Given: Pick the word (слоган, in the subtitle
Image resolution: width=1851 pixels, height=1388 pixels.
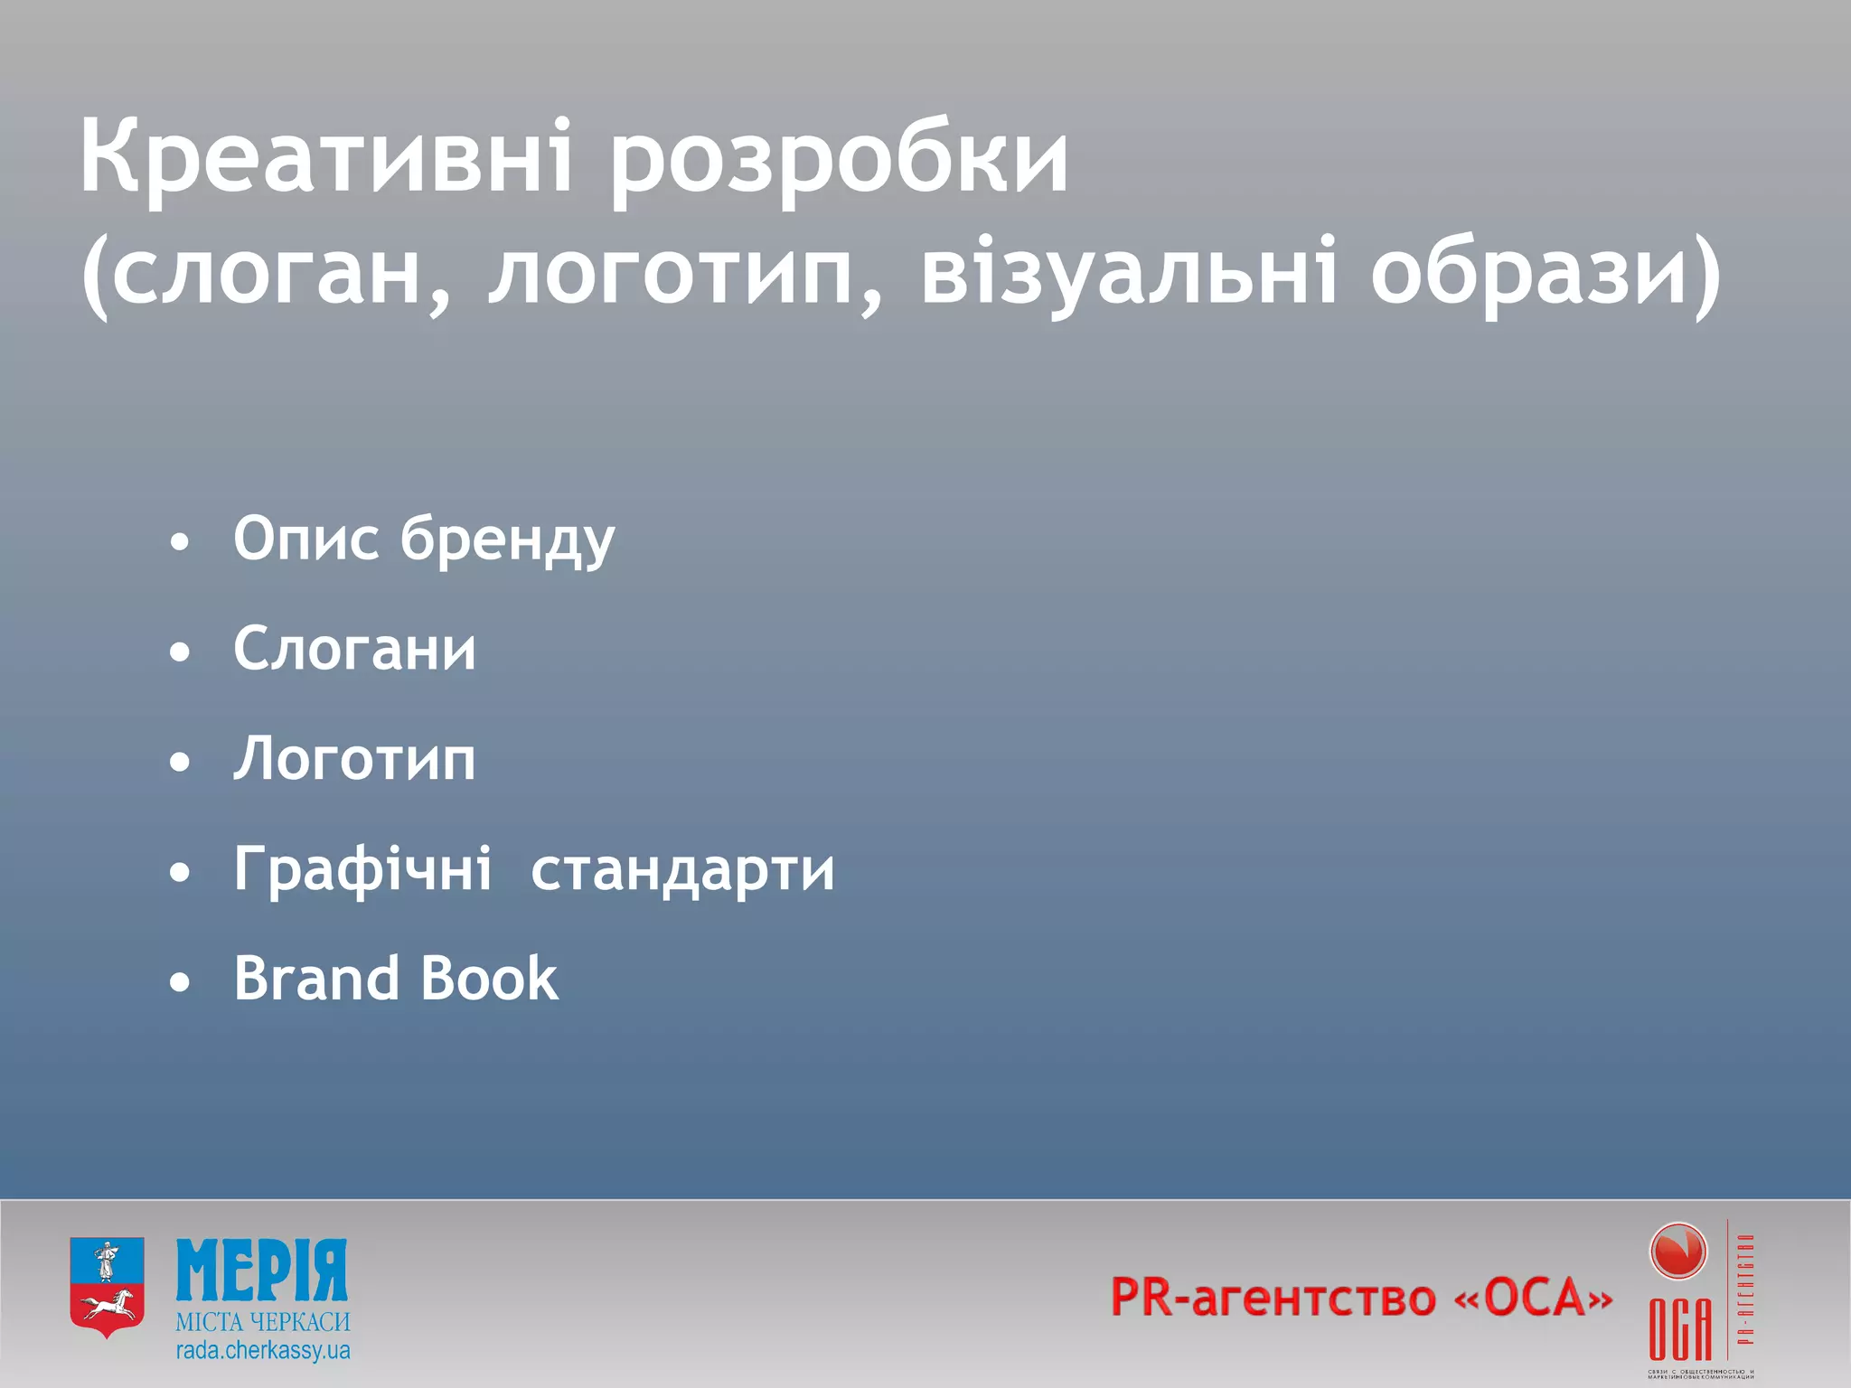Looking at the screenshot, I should click(x=264, y=276).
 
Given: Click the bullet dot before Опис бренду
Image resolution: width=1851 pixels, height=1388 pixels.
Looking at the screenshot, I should click(x=181, y=542).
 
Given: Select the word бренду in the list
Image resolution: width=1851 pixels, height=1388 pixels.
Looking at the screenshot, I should click(x=507, y=540).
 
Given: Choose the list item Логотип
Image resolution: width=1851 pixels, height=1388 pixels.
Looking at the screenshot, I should click(x=354, y=759).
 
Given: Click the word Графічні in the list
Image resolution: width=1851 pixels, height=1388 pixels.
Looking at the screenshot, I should click(x=362, y=869).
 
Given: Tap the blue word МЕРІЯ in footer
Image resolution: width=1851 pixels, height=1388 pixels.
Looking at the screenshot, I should click(x=262, y=1271).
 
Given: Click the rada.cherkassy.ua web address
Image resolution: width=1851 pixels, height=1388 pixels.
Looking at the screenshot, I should click(x=262, y=1351).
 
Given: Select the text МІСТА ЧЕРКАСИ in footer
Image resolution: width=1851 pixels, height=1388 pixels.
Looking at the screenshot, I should click(x=262, y=1322).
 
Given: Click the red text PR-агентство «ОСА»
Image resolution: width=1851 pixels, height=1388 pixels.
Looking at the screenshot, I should click(x=1361, y=1299).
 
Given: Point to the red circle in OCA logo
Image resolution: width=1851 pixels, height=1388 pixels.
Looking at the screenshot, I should click(x=1677, y=1252).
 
